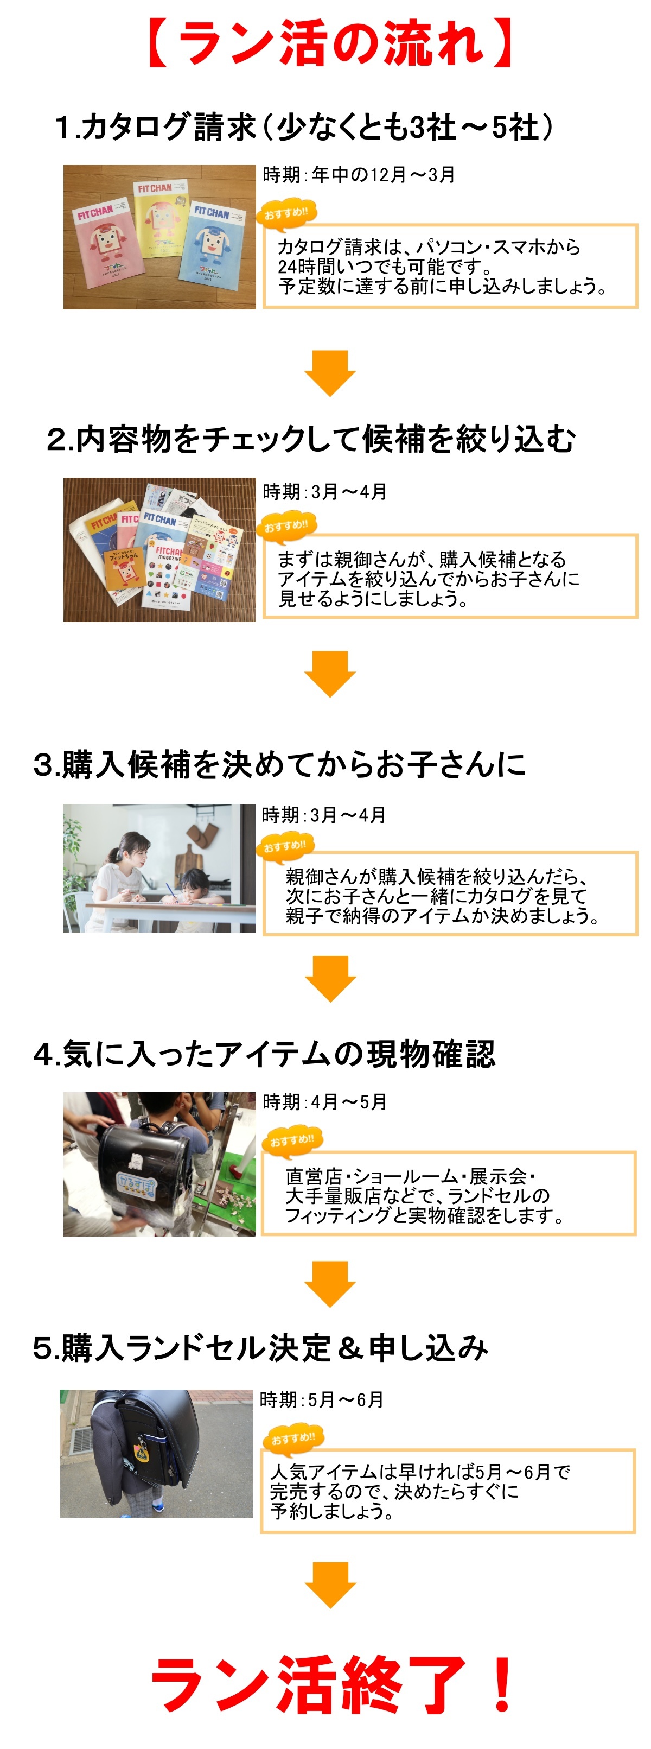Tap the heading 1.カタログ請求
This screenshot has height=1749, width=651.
(x=156, y=127)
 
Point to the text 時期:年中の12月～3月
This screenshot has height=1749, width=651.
(x=359, y=175)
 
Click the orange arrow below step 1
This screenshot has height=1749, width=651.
(x=330, y=373)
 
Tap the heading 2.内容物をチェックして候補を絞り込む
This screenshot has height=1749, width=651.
(x=311, y=439)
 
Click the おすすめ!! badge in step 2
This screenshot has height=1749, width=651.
(x=286, y=525)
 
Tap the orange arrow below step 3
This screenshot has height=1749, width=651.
(x=330, y=978)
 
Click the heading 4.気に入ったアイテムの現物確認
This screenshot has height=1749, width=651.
(x=264, y=1054)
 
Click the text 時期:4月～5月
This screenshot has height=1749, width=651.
(x=324, y=1102)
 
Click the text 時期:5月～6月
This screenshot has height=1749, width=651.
(x=322, y=1400)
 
